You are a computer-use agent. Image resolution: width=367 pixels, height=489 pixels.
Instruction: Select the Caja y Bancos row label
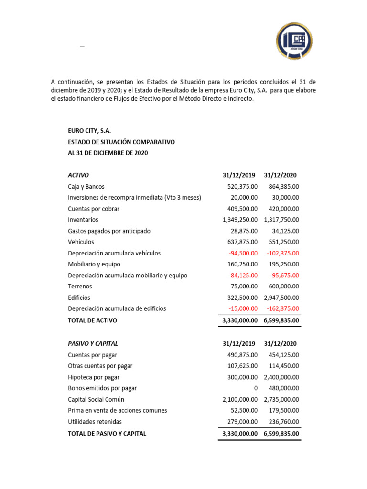86,187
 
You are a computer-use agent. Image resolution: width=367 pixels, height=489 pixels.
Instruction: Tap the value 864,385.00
281,187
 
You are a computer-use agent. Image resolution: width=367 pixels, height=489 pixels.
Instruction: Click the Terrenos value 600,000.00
281,287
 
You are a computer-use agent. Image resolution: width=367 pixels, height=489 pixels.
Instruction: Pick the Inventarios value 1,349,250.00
240,220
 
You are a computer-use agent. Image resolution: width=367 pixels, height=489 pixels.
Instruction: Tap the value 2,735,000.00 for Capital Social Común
281,399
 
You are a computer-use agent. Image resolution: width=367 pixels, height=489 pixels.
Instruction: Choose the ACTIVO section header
78,175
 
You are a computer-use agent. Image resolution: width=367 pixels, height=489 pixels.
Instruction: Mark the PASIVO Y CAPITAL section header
93,344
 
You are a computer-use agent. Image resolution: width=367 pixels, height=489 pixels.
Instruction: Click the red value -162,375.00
281,308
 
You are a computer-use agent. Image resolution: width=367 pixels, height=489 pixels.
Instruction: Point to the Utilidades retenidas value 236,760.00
281,422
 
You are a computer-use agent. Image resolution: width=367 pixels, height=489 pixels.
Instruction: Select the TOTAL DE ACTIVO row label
92,320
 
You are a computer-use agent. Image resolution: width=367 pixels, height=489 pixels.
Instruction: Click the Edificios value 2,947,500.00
281,298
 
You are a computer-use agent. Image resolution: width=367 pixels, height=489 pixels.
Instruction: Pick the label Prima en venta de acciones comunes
118,410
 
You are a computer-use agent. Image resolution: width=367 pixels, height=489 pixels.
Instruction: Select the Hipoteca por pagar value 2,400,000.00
281,377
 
